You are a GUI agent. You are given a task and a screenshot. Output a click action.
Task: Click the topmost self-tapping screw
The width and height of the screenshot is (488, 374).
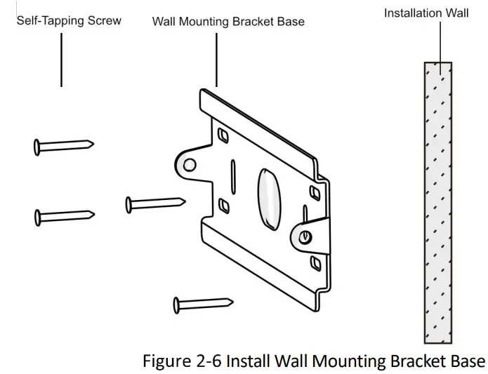pyautogui.click(x=63, y=146)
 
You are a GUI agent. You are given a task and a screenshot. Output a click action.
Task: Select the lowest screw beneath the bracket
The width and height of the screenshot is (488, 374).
pyautogui.click(x=203, y=304)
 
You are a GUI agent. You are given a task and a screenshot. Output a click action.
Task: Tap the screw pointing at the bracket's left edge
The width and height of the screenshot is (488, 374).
pyautogui.click(x=155, y=203)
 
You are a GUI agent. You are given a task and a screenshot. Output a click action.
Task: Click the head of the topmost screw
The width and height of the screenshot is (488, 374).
pyautogui.click(x=37, y=147)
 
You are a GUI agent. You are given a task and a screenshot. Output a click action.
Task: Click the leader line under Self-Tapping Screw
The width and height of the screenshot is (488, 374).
pyautogui.click(x=61, y=60)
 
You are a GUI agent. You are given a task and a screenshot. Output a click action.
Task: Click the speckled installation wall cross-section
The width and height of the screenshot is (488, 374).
pyautogui.click(x=437, y=203)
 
